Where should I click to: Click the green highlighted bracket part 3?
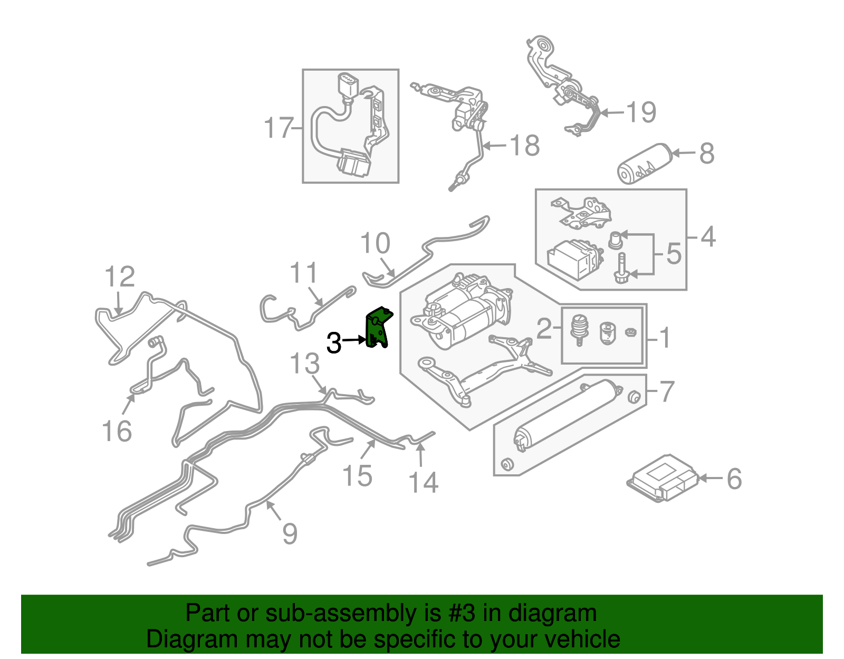(378, 328)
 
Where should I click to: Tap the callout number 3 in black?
(334, 343)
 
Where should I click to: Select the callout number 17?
(278, 128)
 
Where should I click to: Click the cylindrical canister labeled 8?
(643, 164)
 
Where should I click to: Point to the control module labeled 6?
(663, 477)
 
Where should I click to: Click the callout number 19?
(640, 112)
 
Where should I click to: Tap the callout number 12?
(120, 276)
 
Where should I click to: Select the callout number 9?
(290, 533)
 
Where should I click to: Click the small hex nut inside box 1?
(630, 332)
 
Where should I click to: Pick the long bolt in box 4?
(621, 268)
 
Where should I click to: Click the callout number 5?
(674, 254)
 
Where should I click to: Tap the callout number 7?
(667, 391)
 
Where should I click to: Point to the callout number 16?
(117, 431)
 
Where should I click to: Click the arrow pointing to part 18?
(495, 146)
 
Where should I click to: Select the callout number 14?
(423, 482)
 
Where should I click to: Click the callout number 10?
(375, 243)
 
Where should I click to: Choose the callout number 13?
(305, 364)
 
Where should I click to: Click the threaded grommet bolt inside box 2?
(579, 329)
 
